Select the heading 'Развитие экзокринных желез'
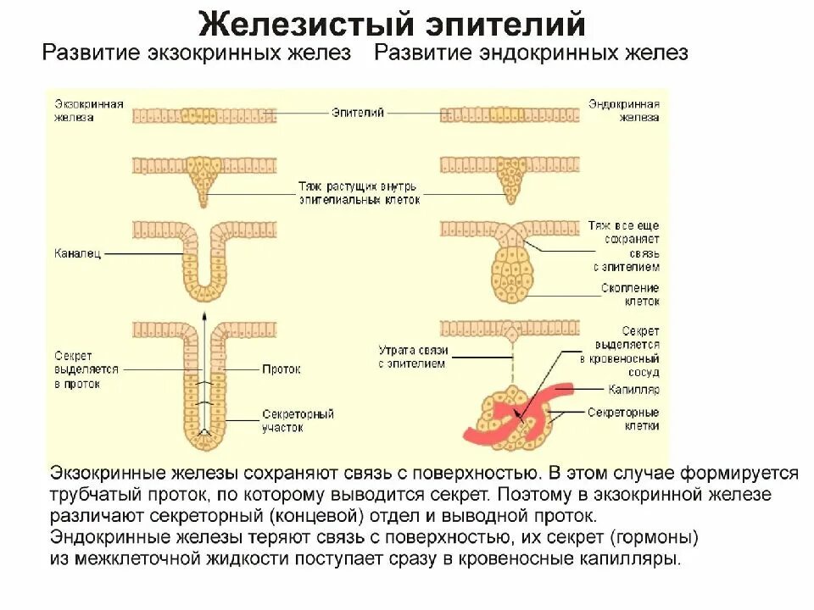(197, 53)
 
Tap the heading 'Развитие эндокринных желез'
(531, 53)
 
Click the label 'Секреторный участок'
(298, 421)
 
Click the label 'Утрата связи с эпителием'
(410, 357)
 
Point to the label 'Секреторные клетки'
(623, 419)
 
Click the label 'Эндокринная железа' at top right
(623, 111)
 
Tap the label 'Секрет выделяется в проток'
(86, 369)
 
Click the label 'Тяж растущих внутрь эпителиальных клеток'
(359, 193)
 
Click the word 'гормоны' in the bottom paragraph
(659, 538)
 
